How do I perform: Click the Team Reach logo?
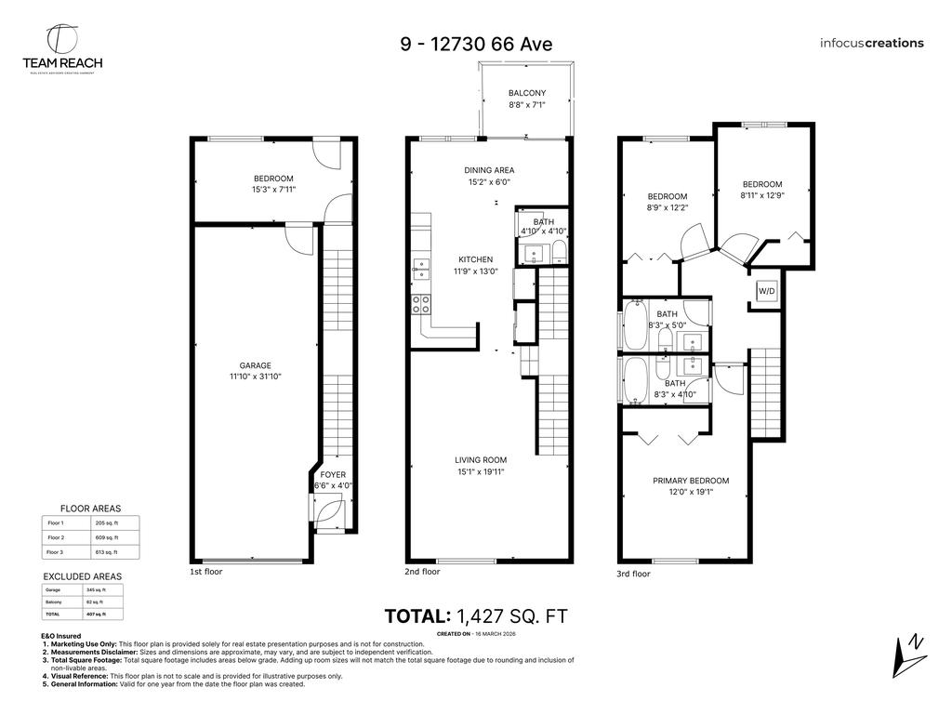click(x=62, y=48)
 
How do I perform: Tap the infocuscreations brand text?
click(x=871, y=43)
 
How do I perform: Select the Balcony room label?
click(x=526, y=93)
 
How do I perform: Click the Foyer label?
click(x=333, y=474)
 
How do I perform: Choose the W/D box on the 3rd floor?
click(x=766, y=291)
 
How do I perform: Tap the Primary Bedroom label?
click(x=690, y=481)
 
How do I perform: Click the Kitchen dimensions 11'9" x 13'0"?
click(x=475, y=271)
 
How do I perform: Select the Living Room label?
click(x=480, y=459)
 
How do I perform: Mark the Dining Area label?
click(x=489, y=170)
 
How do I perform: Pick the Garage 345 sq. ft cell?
click(x=97, y=589)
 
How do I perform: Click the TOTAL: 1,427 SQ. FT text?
click(x=475, y=615)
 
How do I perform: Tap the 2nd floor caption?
click(x=422, y=573)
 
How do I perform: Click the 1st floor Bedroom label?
click(x=273, y=178)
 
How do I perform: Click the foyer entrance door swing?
click(x=329, y=512)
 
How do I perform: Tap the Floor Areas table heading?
click(x=90, y=509)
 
